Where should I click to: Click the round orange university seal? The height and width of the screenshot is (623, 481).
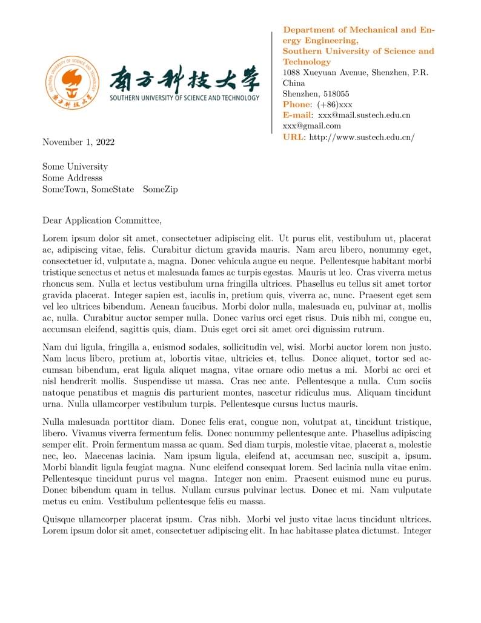click(x=71, y=82)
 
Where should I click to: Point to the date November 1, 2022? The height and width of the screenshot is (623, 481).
click(x=78, y=142)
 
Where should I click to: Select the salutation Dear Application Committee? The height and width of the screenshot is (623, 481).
click(x=102, y=221)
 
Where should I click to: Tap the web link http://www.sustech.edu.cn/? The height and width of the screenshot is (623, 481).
click(x=362, y=137)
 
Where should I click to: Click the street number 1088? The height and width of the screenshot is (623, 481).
click(x=293, y=73)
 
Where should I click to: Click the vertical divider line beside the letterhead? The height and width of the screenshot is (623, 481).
click(x=272, y=82)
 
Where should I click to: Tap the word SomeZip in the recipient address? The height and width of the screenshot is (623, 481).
click(x=160, y=189)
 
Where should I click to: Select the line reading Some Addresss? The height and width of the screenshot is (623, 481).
click(x=72, y=178)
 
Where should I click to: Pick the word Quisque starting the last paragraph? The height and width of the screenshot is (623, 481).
click(x=59, y=519)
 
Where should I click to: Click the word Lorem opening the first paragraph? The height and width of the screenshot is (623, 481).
click(x=55, y=239)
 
